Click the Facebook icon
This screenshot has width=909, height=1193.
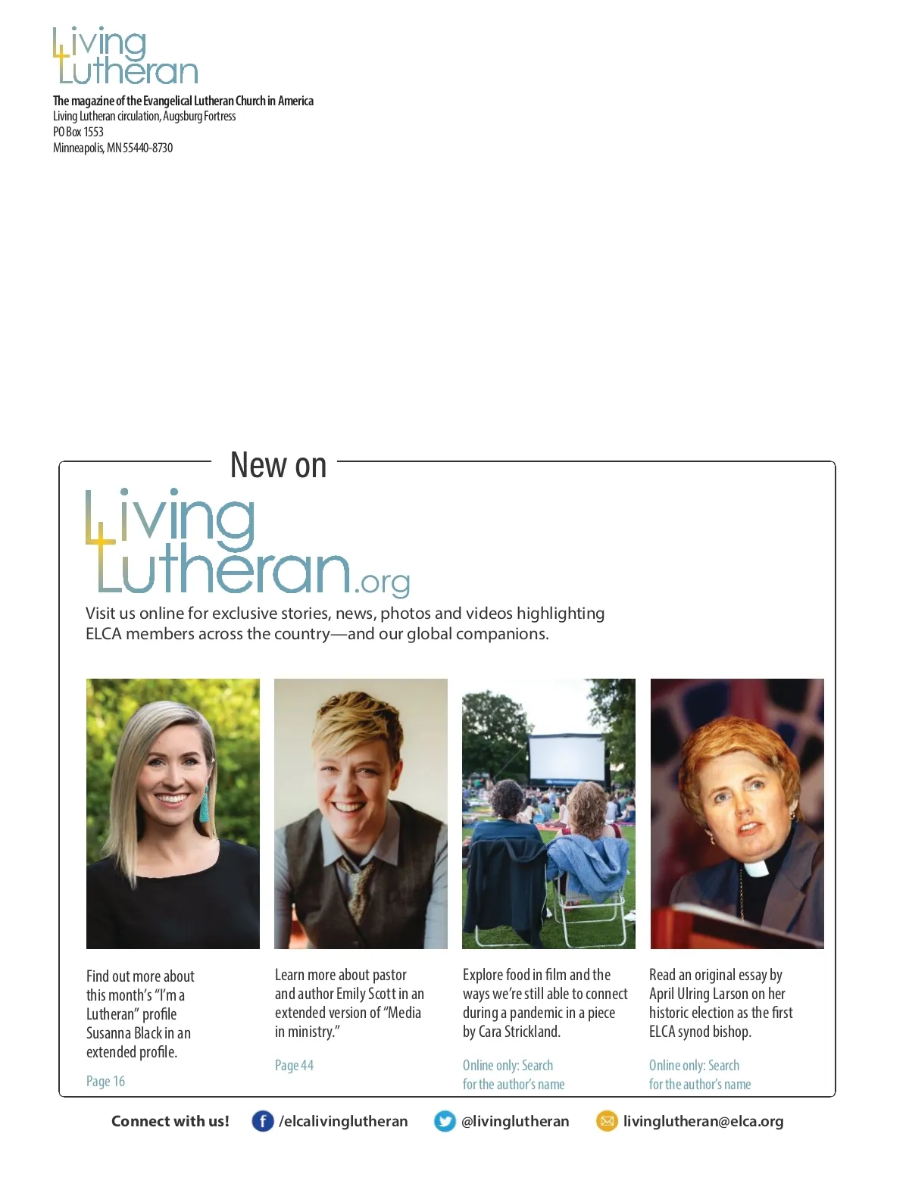(262, 1121)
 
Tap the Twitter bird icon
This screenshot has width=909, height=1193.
(445, 1121)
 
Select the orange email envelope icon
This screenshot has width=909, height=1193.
(607, 1121)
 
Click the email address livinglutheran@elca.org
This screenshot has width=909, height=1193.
(703, 1121)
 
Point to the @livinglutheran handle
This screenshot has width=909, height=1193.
(515, 1121)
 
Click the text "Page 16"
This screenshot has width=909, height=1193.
(105, 1081)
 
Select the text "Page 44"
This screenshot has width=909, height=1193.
(294, 1065)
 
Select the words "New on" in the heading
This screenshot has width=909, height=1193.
(278, 465)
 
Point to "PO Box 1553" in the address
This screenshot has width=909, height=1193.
(78, 132)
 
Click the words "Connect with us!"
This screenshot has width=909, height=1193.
(170, 1121)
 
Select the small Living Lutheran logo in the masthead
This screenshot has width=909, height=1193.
(126, 56)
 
